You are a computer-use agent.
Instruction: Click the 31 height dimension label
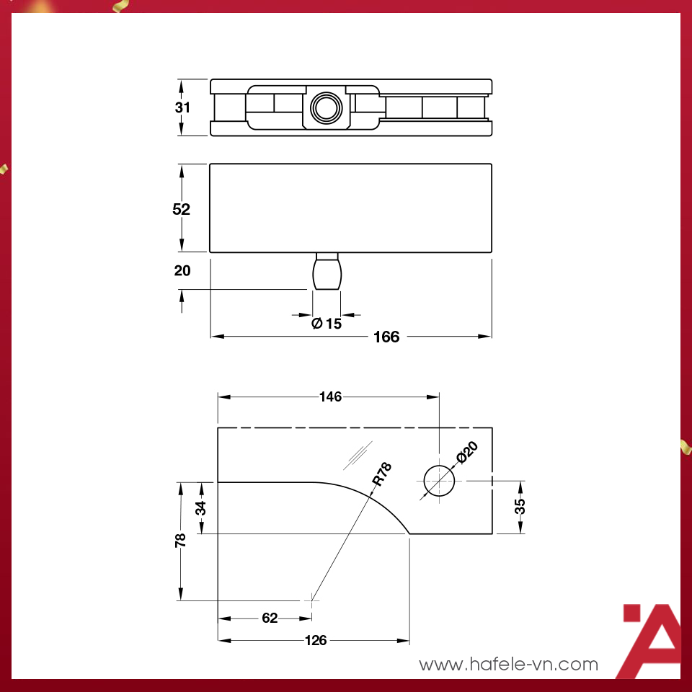point(182,108)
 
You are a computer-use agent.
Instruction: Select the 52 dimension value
point(182,209)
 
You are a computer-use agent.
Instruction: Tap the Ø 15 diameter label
point(327,324)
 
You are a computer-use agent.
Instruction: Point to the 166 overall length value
point(386,337)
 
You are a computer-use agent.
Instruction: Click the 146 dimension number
point(330,396)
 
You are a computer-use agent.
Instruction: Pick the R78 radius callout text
point(381,476)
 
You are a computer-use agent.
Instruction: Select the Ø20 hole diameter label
point(467,455)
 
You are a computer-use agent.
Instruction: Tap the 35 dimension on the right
point(520,507)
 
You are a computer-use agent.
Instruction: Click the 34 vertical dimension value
point(201,507)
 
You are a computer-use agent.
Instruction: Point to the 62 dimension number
point(270,618)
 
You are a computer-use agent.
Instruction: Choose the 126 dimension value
point(316,640)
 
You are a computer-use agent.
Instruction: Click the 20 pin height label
point(182,271)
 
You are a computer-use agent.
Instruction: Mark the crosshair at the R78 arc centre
point(311,600)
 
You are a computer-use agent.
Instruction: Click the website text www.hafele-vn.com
point(509,664)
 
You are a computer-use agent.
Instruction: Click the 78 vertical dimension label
point(181,540)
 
